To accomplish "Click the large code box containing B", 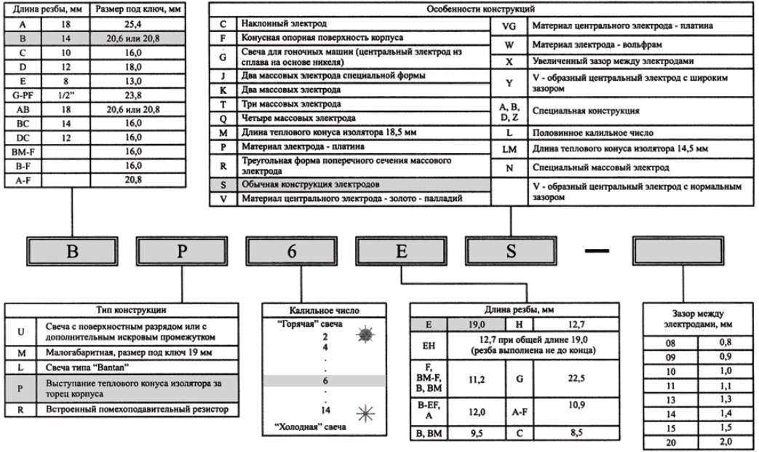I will (71, 252).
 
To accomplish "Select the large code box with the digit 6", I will (291, 252).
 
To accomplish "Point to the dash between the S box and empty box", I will (596, 251).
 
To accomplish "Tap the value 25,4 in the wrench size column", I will (135, 23).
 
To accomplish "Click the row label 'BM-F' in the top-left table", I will (23, 151).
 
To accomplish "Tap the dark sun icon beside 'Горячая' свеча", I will (365, 334).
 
